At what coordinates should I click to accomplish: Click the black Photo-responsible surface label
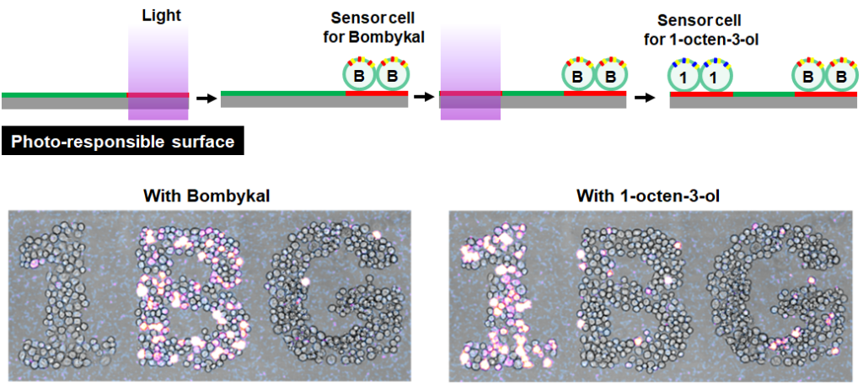coord(123,142)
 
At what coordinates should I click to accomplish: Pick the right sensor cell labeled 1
coord(716,77)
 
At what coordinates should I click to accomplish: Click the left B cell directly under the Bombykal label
coord(358,77)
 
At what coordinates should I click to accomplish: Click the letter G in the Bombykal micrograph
coord(333,291)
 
